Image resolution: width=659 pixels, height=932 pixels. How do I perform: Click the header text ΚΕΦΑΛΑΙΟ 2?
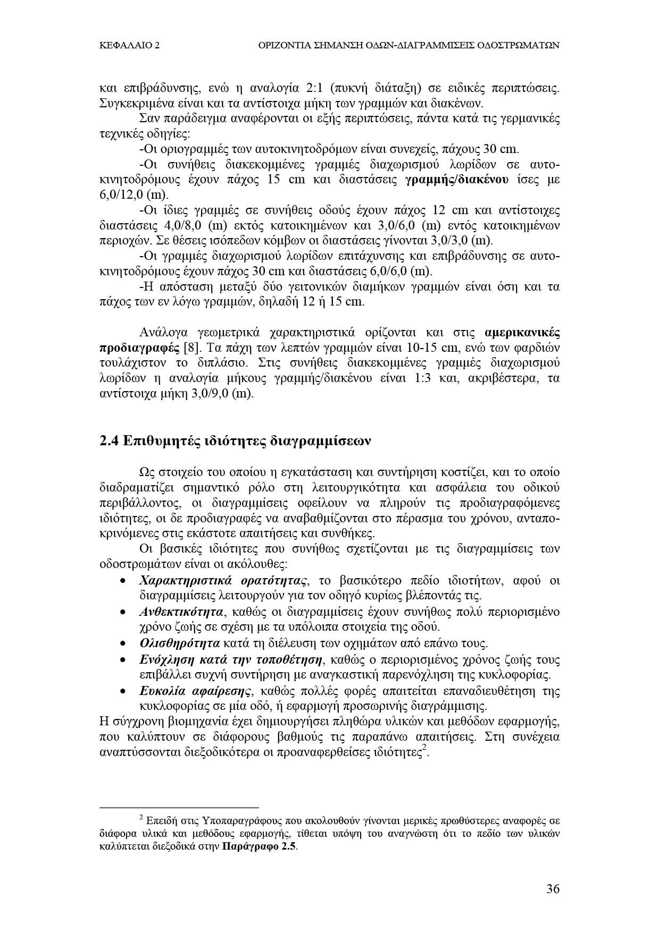(x=130, y=46)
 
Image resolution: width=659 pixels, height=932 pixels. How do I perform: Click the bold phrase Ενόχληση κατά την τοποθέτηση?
(x=231, y=660)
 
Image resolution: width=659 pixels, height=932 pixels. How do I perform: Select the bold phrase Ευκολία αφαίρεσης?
(x=195, y=691)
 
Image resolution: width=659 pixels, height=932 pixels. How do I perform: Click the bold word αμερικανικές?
(x=522, y=333)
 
